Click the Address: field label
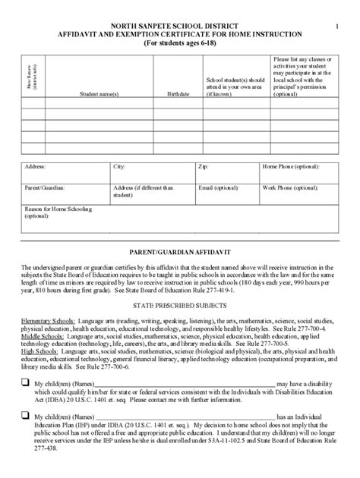(x=35, y=165)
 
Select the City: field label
(x=119, y=165)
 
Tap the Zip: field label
(x=203, y=165)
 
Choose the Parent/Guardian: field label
(x=45, y=186)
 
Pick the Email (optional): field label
(x=220, y=186)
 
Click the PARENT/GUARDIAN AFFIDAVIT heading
(x=180, y=250)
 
